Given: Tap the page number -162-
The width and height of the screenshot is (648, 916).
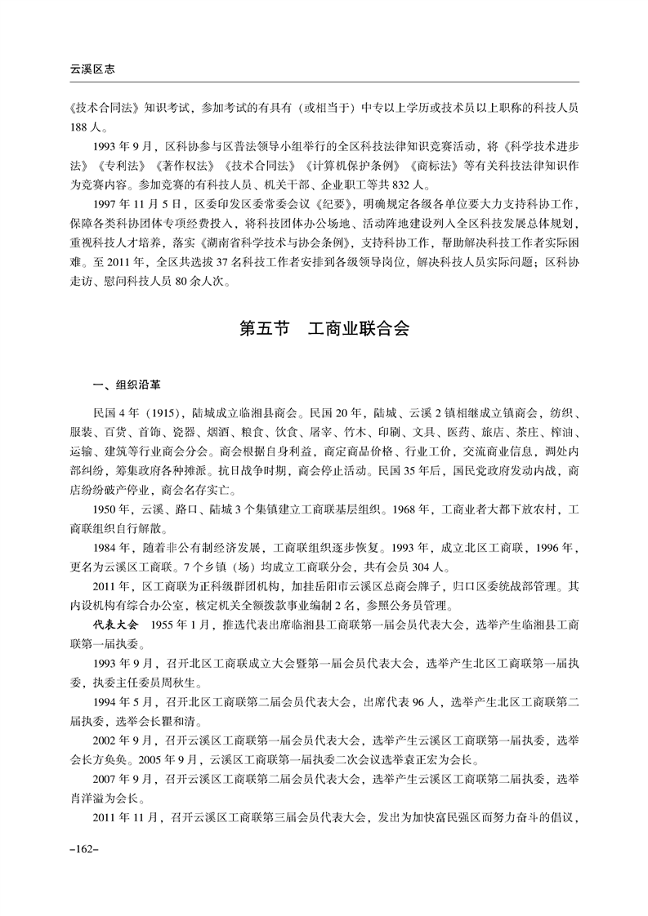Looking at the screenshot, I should [x=84, y=850].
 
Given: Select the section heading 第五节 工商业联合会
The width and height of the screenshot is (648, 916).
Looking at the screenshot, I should [x=324, y=330].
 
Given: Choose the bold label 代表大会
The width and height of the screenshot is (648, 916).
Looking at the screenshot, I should [x=118, y=625].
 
